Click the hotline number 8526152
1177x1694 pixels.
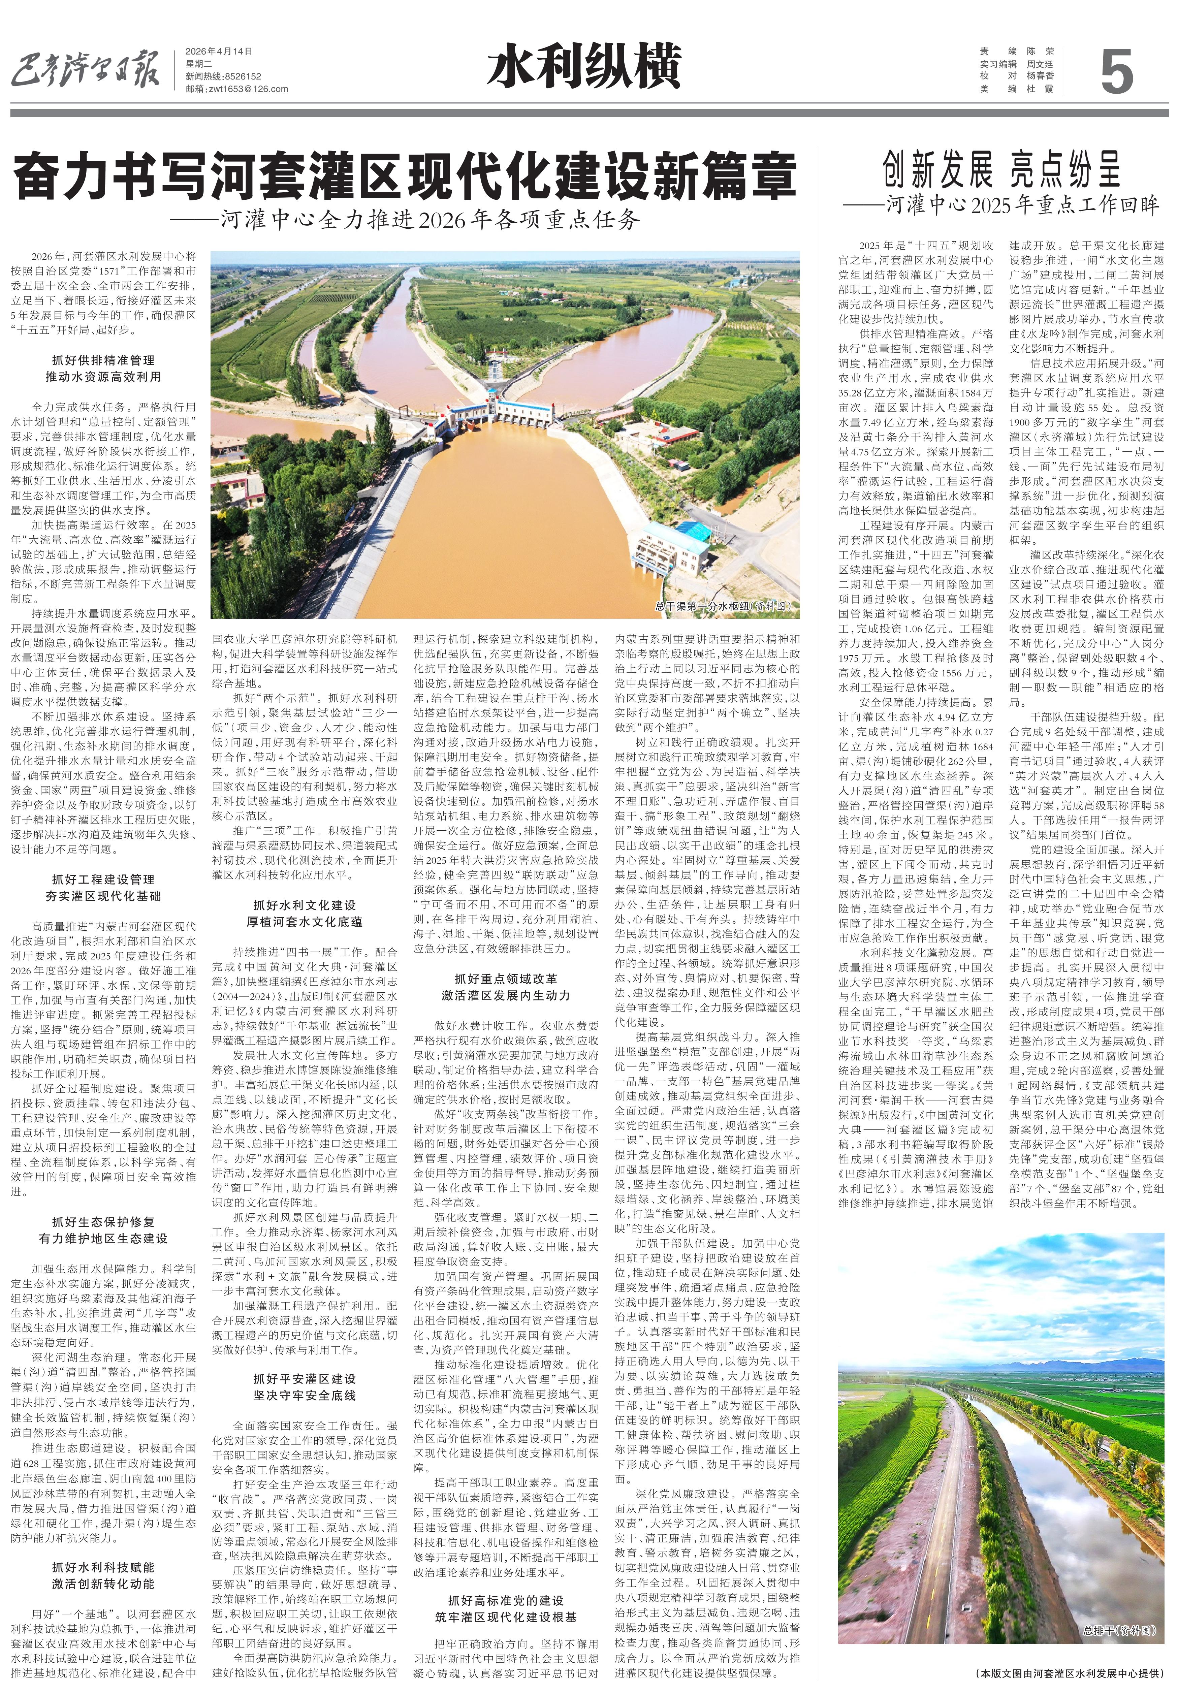[x=241, y=77]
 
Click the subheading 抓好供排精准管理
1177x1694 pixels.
[x=103, y=360]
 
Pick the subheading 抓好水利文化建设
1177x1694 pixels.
[x=305, y=905]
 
